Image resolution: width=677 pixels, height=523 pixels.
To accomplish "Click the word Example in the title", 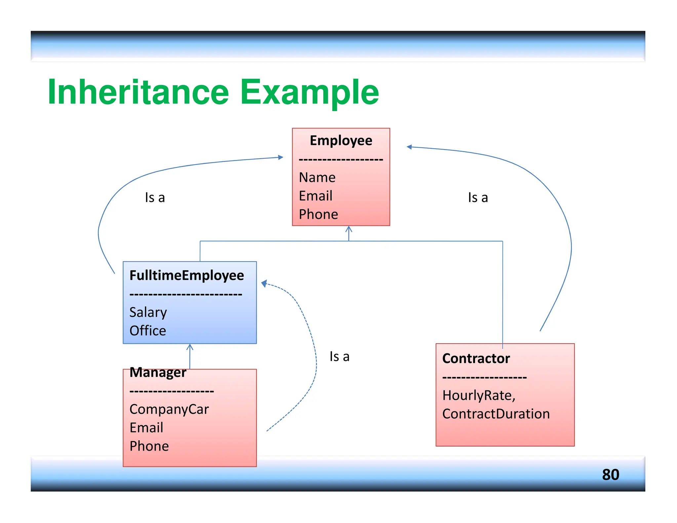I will tap(309, 93).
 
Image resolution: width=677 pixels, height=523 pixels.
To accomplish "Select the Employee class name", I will tap(341, 141).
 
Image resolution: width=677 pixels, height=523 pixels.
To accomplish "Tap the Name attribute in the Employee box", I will tap(317, 178).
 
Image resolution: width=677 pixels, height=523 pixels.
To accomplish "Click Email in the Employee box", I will tap(315, 196).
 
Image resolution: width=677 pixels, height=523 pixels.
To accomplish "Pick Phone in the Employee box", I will tap(318, 214).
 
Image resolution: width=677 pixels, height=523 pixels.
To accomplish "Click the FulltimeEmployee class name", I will tap(186, 275).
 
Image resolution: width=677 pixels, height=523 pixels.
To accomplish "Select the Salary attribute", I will tap(148, 312).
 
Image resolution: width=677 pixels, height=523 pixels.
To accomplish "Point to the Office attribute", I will tap(147, 331).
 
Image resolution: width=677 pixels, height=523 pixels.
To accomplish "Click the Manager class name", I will tap(158, 372).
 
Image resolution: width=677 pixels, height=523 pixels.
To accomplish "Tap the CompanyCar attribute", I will tap(169, 409).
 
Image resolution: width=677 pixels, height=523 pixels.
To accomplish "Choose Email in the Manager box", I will tap(146, 428).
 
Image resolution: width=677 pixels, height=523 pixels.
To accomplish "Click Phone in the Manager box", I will tap(149, 446).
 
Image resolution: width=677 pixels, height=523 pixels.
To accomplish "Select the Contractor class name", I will tap(476, 358).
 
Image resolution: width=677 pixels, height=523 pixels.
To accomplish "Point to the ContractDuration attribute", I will tap(496, 414).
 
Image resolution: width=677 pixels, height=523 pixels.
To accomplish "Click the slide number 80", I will tap(610, 474).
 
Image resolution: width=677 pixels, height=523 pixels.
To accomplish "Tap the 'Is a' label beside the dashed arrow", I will tap(339, 357).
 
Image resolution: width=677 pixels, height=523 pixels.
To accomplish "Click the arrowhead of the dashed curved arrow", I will tap(264, 283).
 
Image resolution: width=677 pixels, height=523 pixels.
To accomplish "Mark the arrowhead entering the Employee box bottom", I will tap(349, 229).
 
